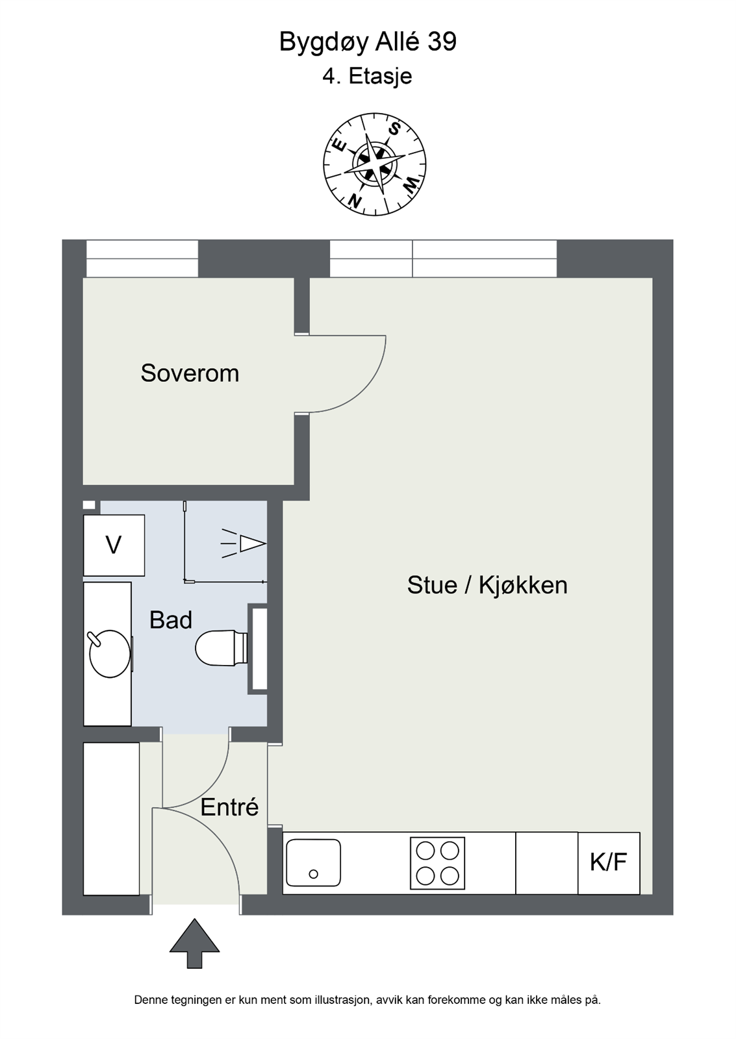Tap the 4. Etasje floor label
tap(367, 76)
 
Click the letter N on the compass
tap(355, 200)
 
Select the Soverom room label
tap(190, 373)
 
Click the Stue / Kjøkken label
tap(487, 585)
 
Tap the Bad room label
tap(171, 620)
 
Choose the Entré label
tap(229, 808)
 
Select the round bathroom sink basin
tap(110, 653)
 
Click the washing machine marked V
tap(114, 545)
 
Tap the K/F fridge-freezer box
tap(609, 863)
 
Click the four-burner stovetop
tap(437, 863)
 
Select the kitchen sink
tap(313, 863)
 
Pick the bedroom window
tap(142, 258)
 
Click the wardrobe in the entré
tap(111, 819)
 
